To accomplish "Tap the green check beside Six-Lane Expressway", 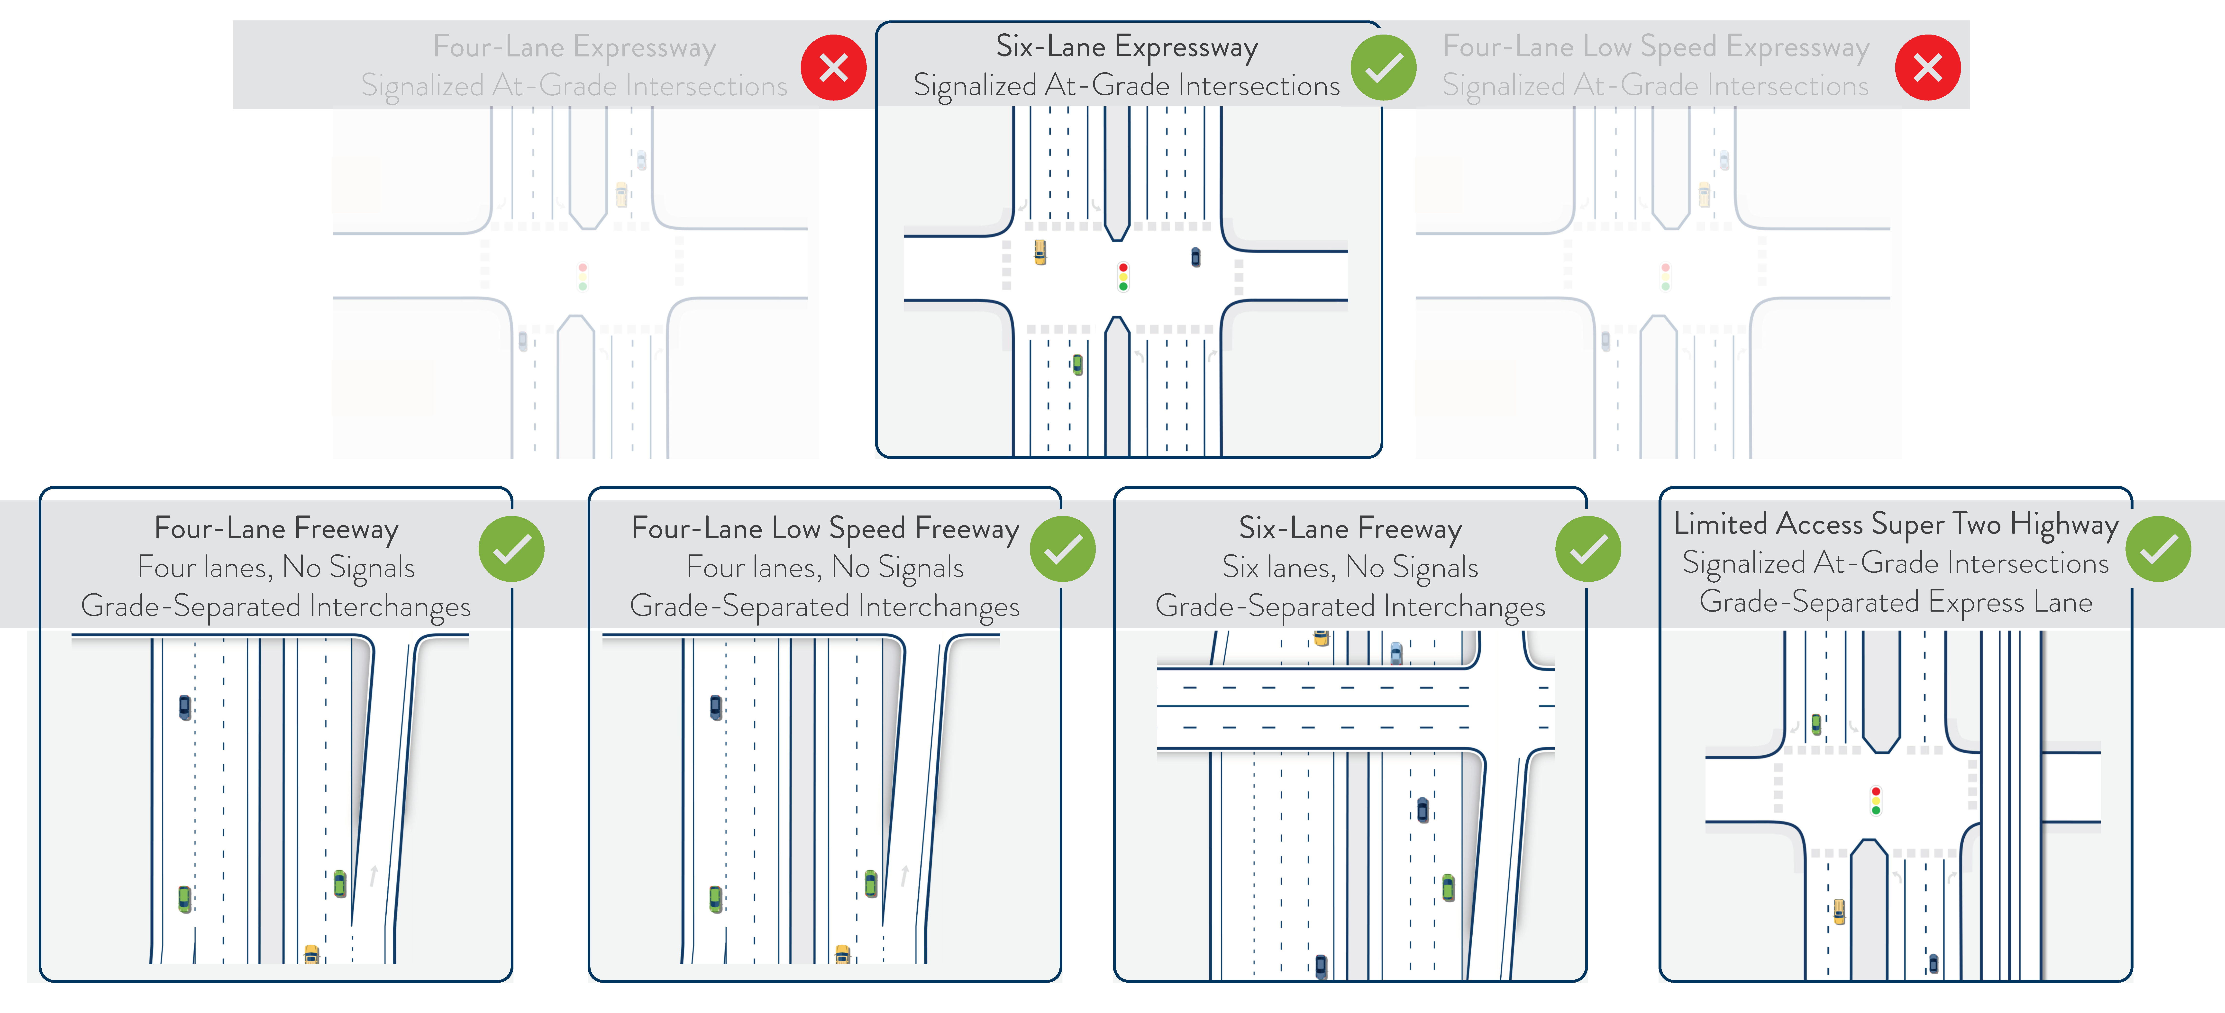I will [x=1384, y=67].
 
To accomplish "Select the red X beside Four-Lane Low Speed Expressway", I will [x=1927, y=67].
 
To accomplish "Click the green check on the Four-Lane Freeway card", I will [x=511, y=549].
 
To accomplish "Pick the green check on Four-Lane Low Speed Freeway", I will [x=1062, y=549].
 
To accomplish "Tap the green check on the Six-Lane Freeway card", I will [x=1587, y=549].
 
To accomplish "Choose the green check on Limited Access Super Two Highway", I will [x=2158, y=549].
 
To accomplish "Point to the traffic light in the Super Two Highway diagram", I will [x=1875, y=801].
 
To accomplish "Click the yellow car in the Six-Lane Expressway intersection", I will [x=1040, y=252].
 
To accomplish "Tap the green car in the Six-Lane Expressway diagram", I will [x=1077, y=364].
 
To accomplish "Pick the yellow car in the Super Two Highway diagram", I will [x=1839, y=911].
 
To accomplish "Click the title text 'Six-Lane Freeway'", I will [x=1350, y=528].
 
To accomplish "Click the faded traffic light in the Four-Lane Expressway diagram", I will [x=583, y=277].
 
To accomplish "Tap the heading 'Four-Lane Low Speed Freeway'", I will [x=825, y=528].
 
